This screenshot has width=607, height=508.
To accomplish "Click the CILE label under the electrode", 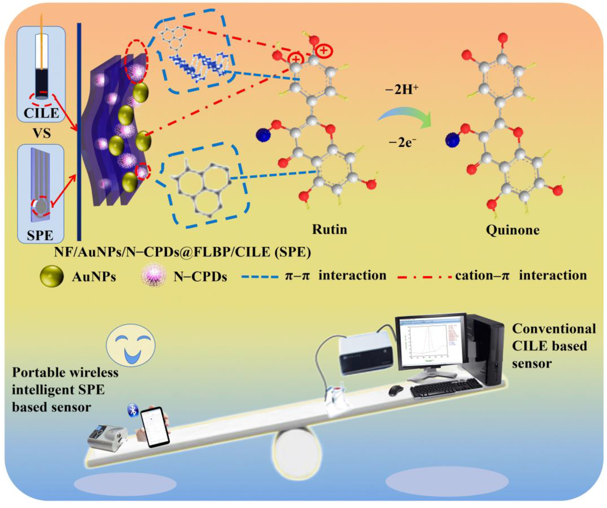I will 41,113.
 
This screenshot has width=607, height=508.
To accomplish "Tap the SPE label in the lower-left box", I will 40,235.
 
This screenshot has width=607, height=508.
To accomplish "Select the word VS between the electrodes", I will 42,133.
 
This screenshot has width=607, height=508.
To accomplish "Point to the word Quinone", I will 512,230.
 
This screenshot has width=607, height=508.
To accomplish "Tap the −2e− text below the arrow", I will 402,143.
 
